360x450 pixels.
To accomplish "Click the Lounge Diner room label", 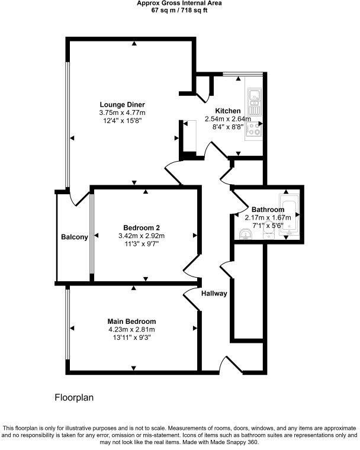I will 122,105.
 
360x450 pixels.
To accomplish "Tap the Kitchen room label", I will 227,111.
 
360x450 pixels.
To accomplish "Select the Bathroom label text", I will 268,210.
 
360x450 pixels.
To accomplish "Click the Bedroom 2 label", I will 142,228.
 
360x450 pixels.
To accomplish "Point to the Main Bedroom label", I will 131,322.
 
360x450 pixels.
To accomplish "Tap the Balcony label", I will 75,237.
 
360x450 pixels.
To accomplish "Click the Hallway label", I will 214,294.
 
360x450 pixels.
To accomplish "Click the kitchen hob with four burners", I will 256,128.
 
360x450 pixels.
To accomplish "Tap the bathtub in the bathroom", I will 290,216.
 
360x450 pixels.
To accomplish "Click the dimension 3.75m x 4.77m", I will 122,112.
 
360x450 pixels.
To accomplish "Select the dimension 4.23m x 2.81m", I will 131,330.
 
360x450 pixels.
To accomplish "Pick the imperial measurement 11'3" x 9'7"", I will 142,243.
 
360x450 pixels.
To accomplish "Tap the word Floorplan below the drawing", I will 74,398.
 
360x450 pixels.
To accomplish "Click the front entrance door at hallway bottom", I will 227,365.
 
